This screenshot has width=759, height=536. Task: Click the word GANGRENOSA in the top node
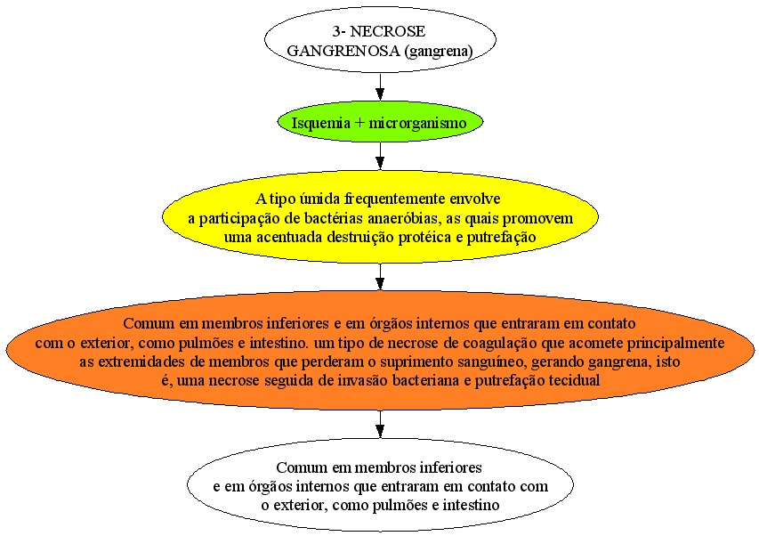[x=343, y=51]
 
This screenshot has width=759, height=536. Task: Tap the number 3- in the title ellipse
[x=338, y=31]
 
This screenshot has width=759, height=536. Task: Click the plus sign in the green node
[x=359, y=123]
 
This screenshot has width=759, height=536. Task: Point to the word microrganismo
[x=417, y=123]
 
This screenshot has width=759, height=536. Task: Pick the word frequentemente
[x=395, y=199]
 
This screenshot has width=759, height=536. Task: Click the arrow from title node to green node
[x=380, y=86]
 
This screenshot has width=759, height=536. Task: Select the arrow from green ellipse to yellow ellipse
[x=380, y=156]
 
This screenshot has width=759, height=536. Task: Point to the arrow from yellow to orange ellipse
[x=380, y=277]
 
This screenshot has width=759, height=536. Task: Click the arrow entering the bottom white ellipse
[x=380, y=424]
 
